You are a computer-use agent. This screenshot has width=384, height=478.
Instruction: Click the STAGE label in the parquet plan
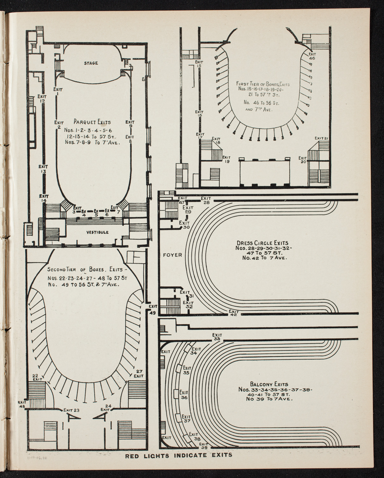point(91,63)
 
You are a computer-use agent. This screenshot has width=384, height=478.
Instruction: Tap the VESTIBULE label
point(97,232)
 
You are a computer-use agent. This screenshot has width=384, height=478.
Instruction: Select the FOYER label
point(172,255)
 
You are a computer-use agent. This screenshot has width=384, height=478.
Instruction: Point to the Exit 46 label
point(312,56)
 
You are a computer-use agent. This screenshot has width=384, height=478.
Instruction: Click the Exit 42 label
point(234,313)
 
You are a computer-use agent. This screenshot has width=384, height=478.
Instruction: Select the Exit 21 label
point(321,138)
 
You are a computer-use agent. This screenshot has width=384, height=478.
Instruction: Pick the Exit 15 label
point(199,64)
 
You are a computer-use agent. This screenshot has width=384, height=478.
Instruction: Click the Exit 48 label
point(22,404)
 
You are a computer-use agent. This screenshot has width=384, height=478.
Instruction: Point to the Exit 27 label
point(138,373)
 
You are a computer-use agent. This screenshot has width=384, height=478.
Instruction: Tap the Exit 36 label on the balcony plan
point(184,395)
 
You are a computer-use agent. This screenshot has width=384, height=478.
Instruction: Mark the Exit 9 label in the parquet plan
point(130,124)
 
